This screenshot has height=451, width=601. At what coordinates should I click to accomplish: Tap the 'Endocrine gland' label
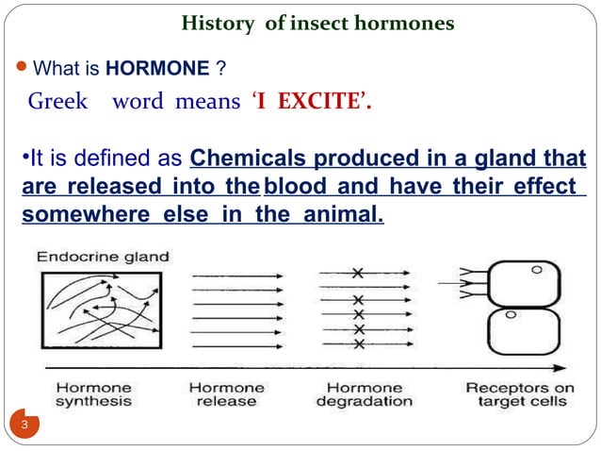pos(104,256)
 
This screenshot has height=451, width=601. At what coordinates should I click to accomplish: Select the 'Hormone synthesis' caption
pos(94,394)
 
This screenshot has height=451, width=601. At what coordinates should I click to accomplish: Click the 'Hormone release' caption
pos(227,394)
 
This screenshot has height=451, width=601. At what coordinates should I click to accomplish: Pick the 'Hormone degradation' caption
pos(364,394)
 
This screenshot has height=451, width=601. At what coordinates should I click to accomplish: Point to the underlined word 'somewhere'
pos(79,216)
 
